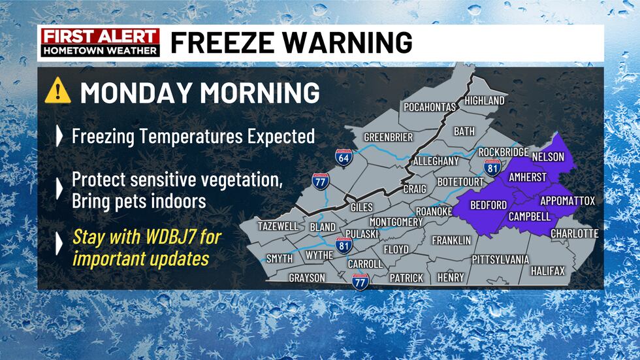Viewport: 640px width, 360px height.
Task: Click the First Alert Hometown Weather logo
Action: pos(101,42)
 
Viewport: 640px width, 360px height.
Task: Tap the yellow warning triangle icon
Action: pos(57,91)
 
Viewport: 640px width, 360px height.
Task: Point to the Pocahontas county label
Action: pos(430,107)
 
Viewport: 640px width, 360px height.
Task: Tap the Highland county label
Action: pos(484,101)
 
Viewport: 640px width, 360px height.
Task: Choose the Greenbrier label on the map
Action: pos(388,137)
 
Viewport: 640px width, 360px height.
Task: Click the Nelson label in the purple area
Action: pos(548,157)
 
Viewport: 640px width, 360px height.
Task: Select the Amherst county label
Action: pos(528,178)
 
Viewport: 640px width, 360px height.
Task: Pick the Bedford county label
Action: pos(488,205)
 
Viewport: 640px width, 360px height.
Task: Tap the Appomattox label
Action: pos(568,201)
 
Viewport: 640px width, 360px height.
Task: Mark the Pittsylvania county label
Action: pos(500,259)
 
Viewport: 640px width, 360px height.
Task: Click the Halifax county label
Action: pos(547,270)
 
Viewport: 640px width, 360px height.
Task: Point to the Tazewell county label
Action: pos(278,226)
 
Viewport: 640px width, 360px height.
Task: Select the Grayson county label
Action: pos(307,278)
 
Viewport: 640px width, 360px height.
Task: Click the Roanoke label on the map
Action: pos(434,212)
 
